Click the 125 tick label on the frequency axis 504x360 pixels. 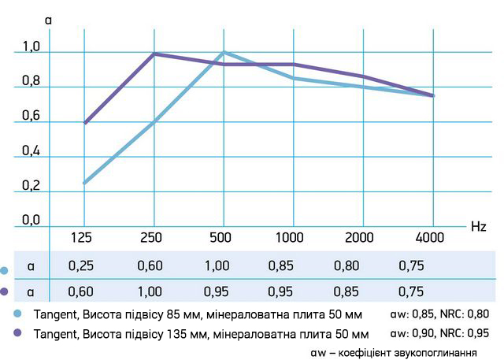pyautogui.click(x=81, y=237)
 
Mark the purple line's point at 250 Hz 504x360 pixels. pyautogui.click(x=154, y=54)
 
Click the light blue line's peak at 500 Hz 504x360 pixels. pyautogui.click(x=224, y=52)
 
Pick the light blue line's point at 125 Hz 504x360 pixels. pyautogui.click(x=83, y=183)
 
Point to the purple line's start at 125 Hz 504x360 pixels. pyautogui.click(x=83, y=123)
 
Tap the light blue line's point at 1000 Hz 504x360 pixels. pyautogui.click(x=294, y=78)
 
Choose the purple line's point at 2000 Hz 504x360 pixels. pyautogui.click(x=363, y=76)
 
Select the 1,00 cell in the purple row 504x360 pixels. pyautogui.click(x=150, y=291)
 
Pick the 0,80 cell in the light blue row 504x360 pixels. pyautogui.click(x=360, y=266)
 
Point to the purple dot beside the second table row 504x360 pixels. pyautogui.click(x=5, y=291)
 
